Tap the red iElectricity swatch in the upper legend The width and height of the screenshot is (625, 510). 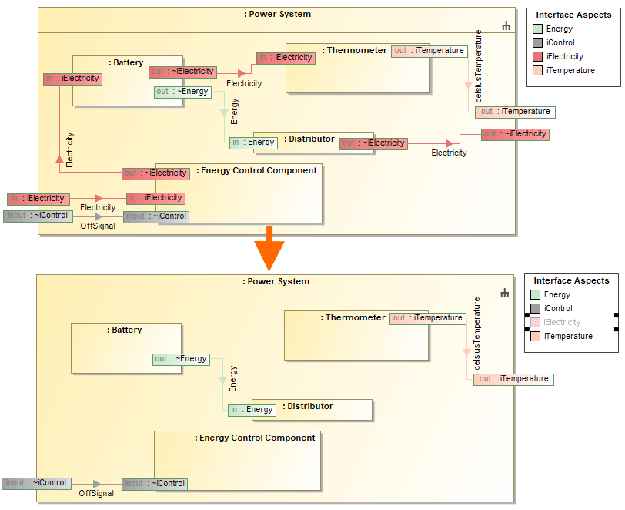click(536, 57)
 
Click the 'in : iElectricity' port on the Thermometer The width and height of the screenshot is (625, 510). click(286, 58)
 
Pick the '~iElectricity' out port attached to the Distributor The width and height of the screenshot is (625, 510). click(373, 143)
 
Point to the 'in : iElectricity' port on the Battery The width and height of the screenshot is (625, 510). click(72, 79)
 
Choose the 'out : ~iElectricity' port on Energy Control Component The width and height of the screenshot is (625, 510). click(155, 173)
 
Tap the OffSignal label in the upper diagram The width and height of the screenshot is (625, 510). click(98, 226)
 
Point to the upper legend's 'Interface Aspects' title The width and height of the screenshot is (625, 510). click(573, 15)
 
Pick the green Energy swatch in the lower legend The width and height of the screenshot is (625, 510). click(535, 295)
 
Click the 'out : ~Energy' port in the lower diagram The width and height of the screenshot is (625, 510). click(181, 359)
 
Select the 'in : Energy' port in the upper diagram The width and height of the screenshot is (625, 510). click(253, 143)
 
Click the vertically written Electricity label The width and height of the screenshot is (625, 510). click(70, 150)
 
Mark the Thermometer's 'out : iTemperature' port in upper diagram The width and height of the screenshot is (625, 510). click(429, 51)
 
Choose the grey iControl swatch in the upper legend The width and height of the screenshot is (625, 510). click(536, 43)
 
